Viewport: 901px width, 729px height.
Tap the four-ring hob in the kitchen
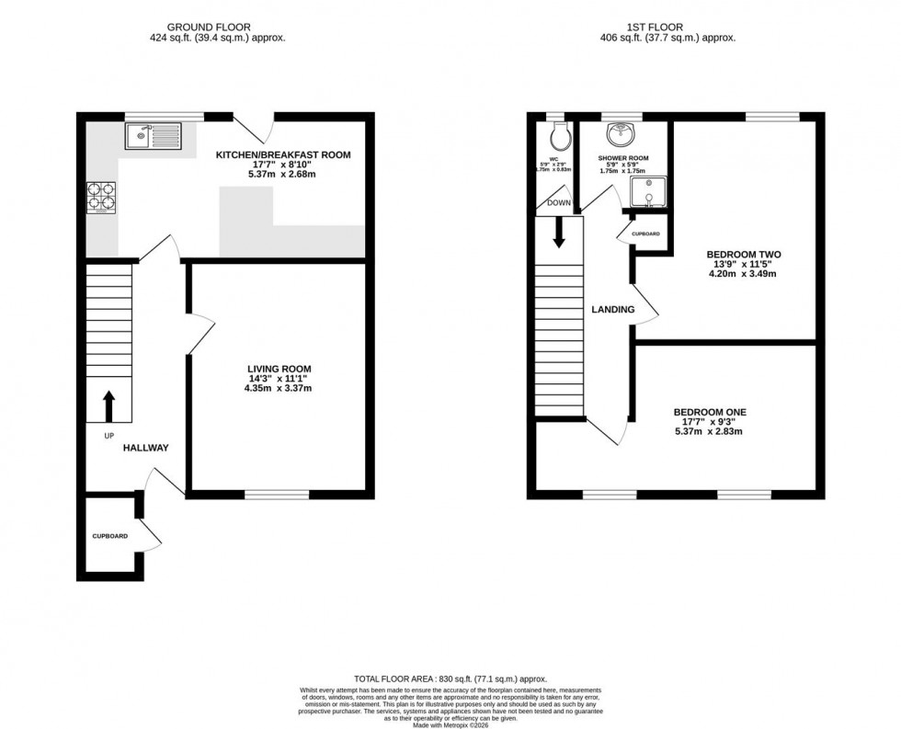[x=101, y=199]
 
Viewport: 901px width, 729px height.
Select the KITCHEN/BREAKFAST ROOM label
[x=283, y=154]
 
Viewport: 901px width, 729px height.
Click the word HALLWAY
[x=146, y=448]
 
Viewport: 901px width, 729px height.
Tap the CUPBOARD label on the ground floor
[x=108, y=536]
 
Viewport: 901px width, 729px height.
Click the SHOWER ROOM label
[x=623, y=158]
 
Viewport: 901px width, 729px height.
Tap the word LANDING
[x=613, y=310]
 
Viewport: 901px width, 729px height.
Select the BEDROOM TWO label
[x=738, y=254]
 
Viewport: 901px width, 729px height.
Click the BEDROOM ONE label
[x=708, y=413]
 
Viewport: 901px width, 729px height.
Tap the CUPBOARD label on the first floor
[x=644, y=234]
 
